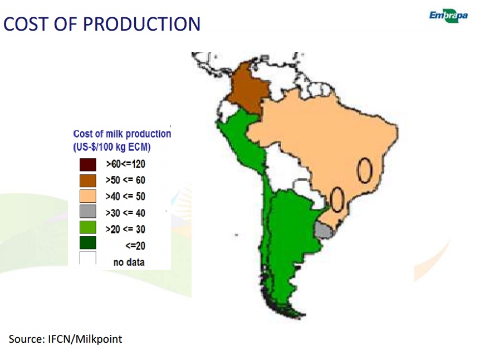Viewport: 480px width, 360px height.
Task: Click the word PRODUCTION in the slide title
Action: pyautogui.click(x=142, y=24)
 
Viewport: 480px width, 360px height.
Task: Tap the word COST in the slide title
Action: pyautogui.click(x=26, y=24)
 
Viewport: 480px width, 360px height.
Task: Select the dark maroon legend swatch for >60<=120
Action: pyautogui.click(x=88, y=164)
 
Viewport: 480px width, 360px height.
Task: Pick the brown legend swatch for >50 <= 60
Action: pyautogui.click(x=88, y=181)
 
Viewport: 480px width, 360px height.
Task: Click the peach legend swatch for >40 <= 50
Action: pyautogui.click(x=88, y=196)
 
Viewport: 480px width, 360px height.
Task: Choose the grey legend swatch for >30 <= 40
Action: pyautogui.click(x=88, y=211)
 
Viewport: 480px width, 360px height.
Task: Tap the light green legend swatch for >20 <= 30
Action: pyautogui.click(x=88, y=227)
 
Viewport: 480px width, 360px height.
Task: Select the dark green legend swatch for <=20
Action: pyautogui.click(x=88, y=242)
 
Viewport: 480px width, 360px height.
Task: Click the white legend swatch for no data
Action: pyautogui.click(x=88, y=258)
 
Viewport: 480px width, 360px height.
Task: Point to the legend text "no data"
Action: pyautogui.click(x=129, y=262)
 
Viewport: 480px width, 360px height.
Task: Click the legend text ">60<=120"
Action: pyautogui.click(x=125, y=164)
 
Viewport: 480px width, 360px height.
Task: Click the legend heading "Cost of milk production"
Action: pyautogui.click(x=122, y=134)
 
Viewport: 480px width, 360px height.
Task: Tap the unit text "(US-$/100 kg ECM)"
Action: pyautogui.click(x=112, y=147)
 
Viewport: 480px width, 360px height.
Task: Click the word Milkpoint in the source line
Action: pyautogui.click(x=99, y=339)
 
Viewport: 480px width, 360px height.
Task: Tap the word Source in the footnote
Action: pyautogui.click(x=27, y=339)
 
